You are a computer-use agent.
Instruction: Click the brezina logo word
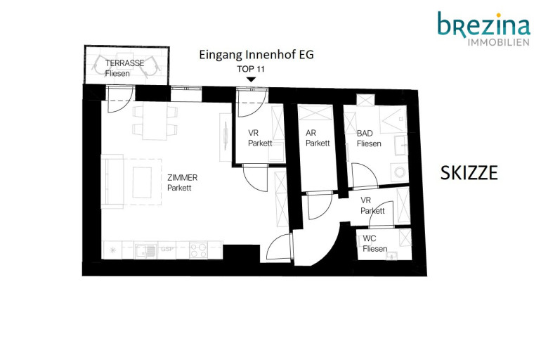[483, 24]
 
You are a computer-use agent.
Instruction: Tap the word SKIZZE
[469, 173]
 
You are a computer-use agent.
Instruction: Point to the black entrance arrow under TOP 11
[252, 79]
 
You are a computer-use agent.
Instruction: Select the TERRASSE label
[124, 63]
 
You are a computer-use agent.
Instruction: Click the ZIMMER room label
[182, 178]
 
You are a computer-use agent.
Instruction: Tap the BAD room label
[365, 133]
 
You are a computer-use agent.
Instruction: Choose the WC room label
[369, 238]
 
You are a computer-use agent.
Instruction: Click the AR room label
[311, 133]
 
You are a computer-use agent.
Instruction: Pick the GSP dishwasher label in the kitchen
[167, 249]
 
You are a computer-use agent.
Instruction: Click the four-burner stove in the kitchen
[199, 250]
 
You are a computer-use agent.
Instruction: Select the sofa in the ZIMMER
[112, 181]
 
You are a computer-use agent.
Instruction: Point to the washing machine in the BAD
[400, 172]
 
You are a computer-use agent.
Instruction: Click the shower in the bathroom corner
[393, 119]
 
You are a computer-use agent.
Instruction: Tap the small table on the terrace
[124, 61]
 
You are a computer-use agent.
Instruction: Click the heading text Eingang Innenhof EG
[256, 55]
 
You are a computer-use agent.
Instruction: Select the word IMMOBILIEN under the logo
[499, 42]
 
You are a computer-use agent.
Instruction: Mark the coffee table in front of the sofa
[142, 183]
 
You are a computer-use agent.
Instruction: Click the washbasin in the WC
[392, 256]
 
